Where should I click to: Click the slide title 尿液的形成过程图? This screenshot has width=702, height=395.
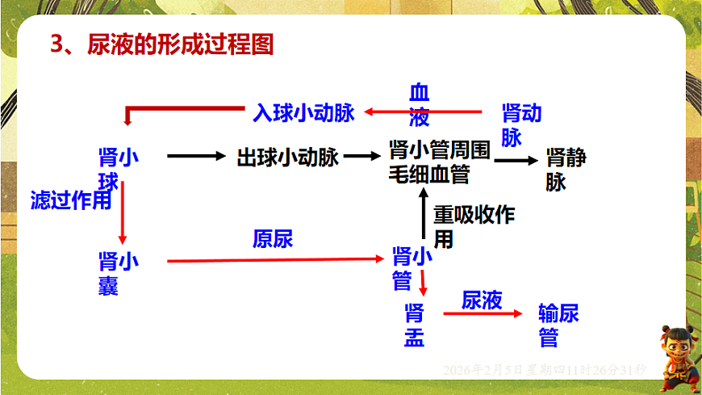tap(161, 44)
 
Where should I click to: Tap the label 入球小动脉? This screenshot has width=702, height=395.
tap(303, 113)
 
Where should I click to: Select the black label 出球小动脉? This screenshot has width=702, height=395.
tap(287, 158)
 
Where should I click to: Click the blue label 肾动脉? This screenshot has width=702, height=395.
tap(520, 124)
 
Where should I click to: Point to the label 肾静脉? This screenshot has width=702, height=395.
tap(566, 169)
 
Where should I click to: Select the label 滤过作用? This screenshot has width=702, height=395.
tap(71, 200)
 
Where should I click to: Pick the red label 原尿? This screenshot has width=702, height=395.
tap(273, 238)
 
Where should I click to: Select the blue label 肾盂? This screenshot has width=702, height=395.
tap(415, 325)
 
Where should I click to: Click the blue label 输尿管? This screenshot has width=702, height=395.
tap(558, 325)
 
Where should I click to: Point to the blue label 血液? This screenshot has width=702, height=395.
tap(419, 105)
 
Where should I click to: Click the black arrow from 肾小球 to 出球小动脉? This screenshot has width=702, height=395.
tap(197, 157)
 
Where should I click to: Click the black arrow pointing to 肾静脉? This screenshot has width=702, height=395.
tap(515, 161)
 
